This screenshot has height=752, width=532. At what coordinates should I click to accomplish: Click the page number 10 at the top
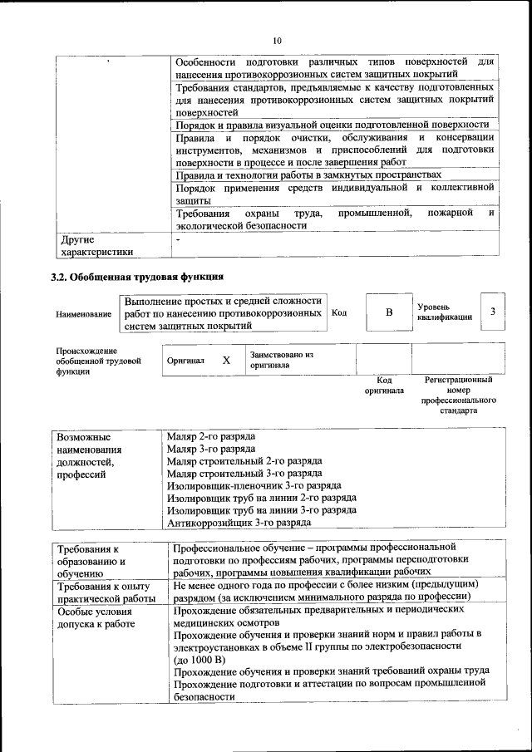[278, 40]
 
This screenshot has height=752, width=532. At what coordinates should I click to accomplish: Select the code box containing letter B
[387, 312]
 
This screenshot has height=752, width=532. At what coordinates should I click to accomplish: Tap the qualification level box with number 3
[493, 312]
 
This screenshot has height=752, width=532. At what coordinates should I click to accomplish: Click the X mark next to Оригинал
[226, 361]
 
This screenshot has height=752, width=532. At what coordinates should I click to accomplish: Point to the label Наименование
[83, 315]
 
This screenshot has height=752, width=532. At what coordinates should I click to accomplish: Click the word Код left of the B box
[339, 313]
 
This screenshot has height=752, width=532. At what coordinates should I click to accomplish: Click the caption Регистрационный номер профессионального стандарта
[458, 395]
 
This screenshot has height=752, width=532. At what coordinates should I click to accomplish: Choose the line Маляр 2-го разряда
[210, 436]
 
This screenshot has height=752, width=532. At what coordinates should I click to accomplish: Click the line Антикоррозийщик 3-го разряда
[239, 523]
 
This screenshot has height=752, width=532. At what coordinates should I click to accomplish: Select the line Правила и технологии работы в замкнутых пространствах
[308, 175]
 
